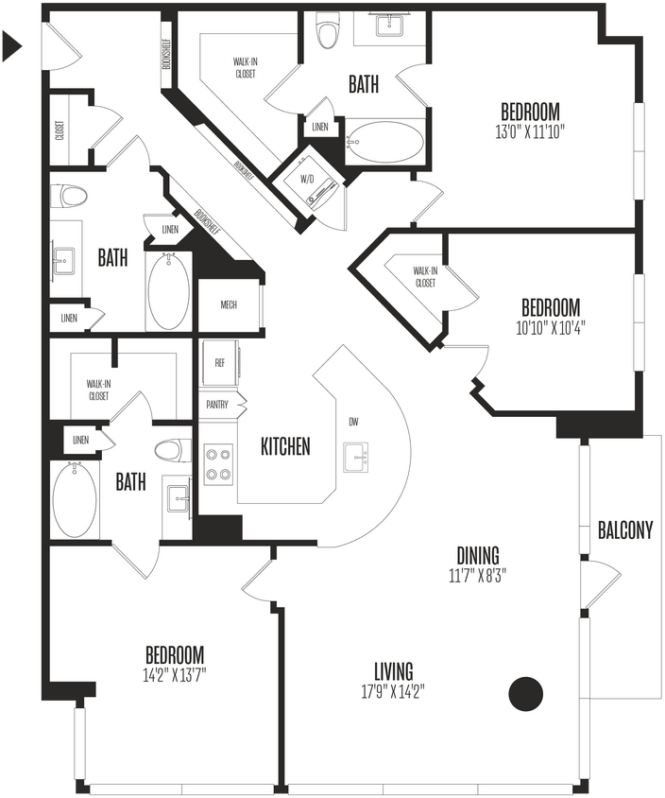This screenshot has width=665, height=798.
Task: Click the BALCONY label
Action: (x=625, y=530)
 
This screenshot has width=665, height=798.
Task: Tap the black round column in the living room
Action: (x=526, y=694)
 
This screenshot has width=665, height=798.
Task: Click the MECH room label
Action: (x=229, y=305)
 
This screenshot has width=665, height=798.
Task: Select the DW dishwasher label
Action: (x=353, y=422)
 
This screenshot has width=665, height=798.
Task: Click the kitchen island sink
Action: (x=357, y=457)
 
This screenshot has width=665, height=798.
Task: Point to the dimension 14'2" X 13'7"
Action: (x=175, y=674)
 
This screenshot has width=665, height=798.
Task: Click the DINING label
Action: (x=478, y=556)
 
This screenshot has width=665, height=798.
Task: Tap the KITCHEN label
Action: (x=285, y=446)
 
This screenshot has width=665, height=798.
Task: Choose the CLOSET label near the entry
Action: (x=60, y=130)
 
